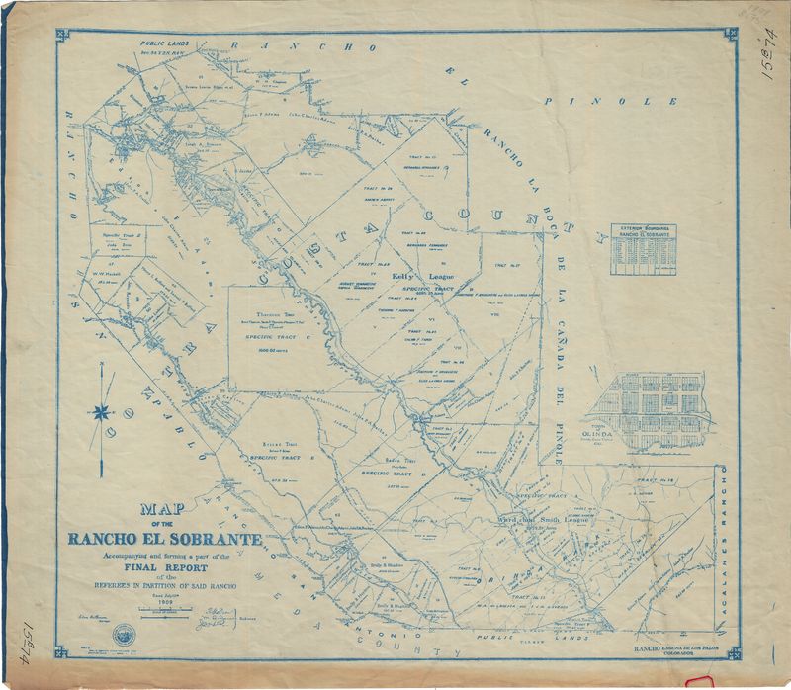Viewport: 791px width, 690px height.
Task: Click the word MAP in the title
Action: (164, 513)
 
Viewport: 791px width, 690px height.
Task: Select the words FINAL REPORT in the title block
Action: (163, 567)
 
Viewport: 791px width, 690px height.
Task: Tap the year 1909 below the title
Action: (163, 601)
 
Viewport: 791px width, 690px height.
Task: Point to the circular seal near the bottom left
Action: (120, 634)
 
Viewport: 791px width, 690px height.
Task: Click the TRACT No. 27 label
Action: (511, 266)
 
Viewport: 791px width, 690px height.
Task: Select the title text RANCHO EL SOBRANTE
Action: (164, 540)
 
